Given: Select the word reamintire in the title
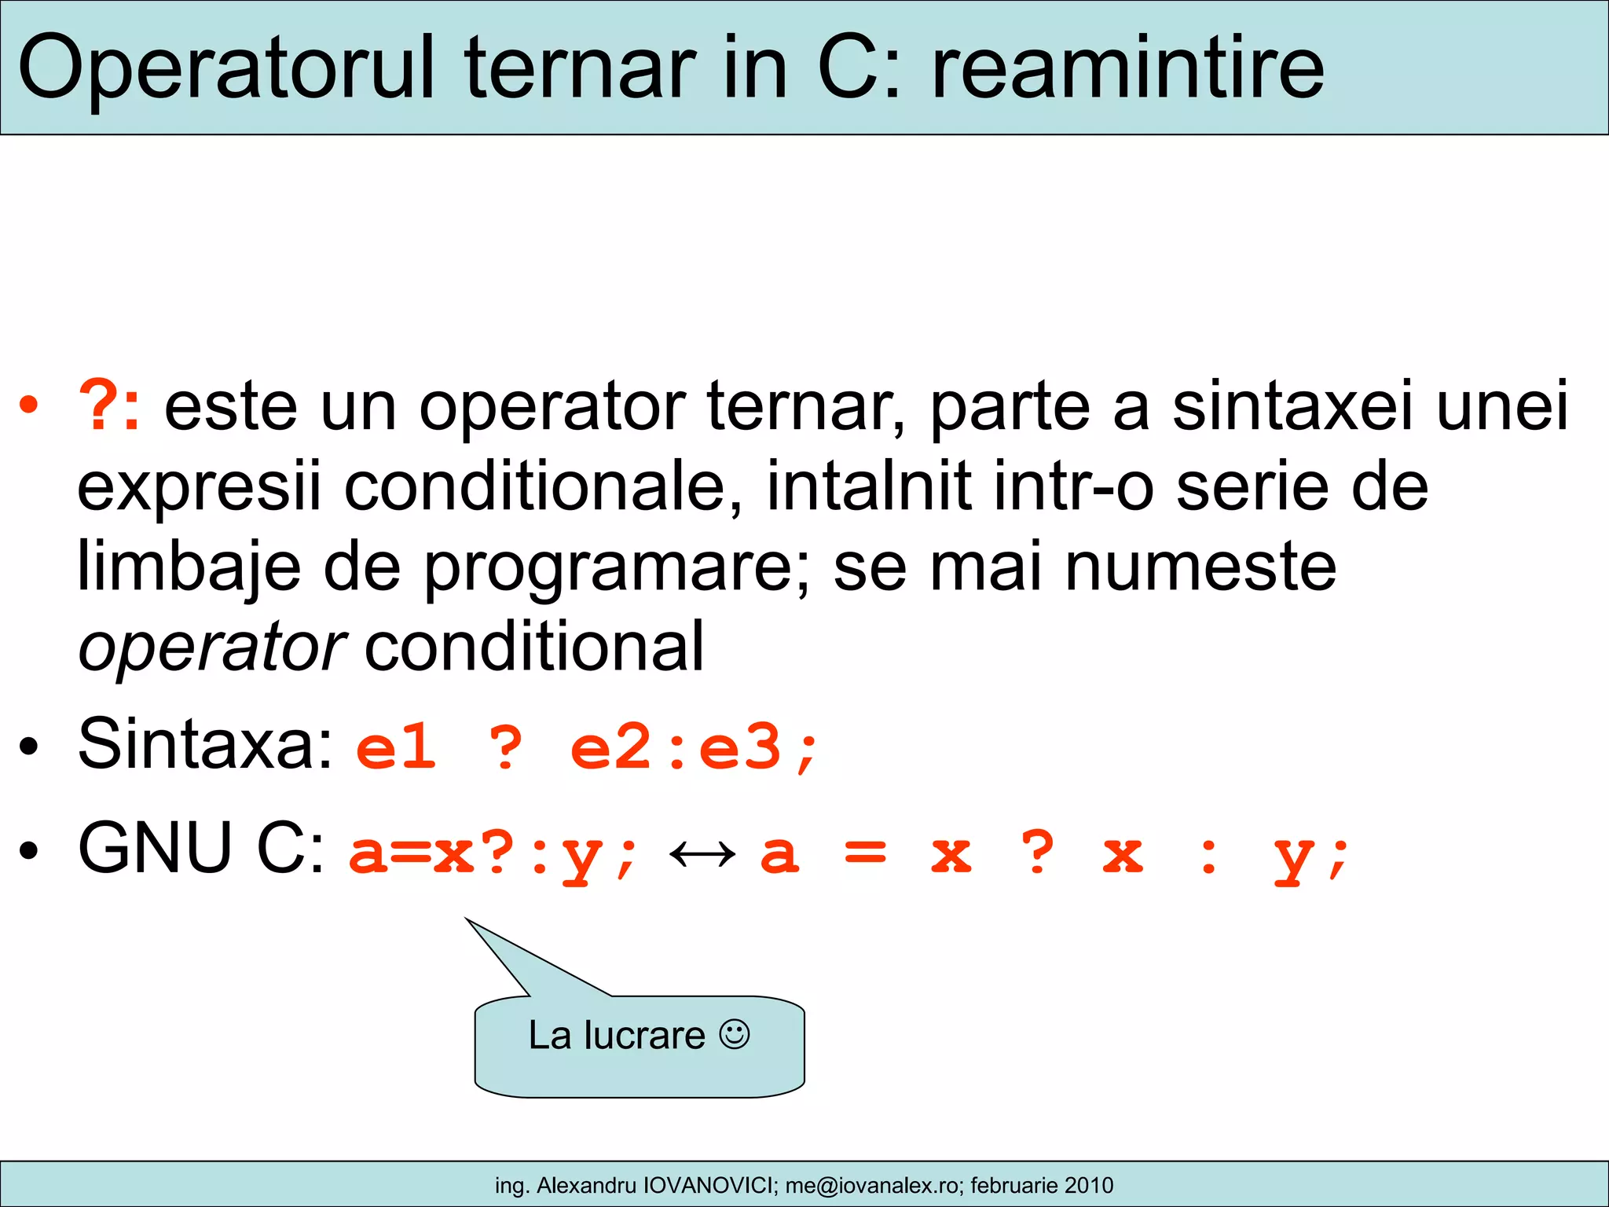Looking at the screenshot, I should coord(1128,69).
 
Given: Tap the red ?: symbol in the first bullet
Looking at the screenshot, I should coord(110,405).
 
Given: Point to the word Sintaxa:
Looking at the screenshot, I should coord(206,743).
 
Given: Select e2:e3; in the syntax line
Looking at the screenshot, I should coord(695,748).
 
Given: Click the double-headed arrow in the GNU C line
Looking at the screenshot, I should coord(702,855).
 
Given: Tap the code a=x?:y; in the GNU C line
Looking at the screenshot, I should coord(493,855).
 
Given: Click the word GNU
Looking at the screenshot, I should coord(156,849).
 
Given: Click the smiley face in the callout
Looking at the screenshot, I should coord(735,1034).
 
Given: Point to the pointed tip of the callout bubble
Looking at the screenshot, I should coord(467,919).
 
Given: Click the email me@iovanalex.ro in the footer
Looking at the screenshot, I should coord(871,1185).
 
